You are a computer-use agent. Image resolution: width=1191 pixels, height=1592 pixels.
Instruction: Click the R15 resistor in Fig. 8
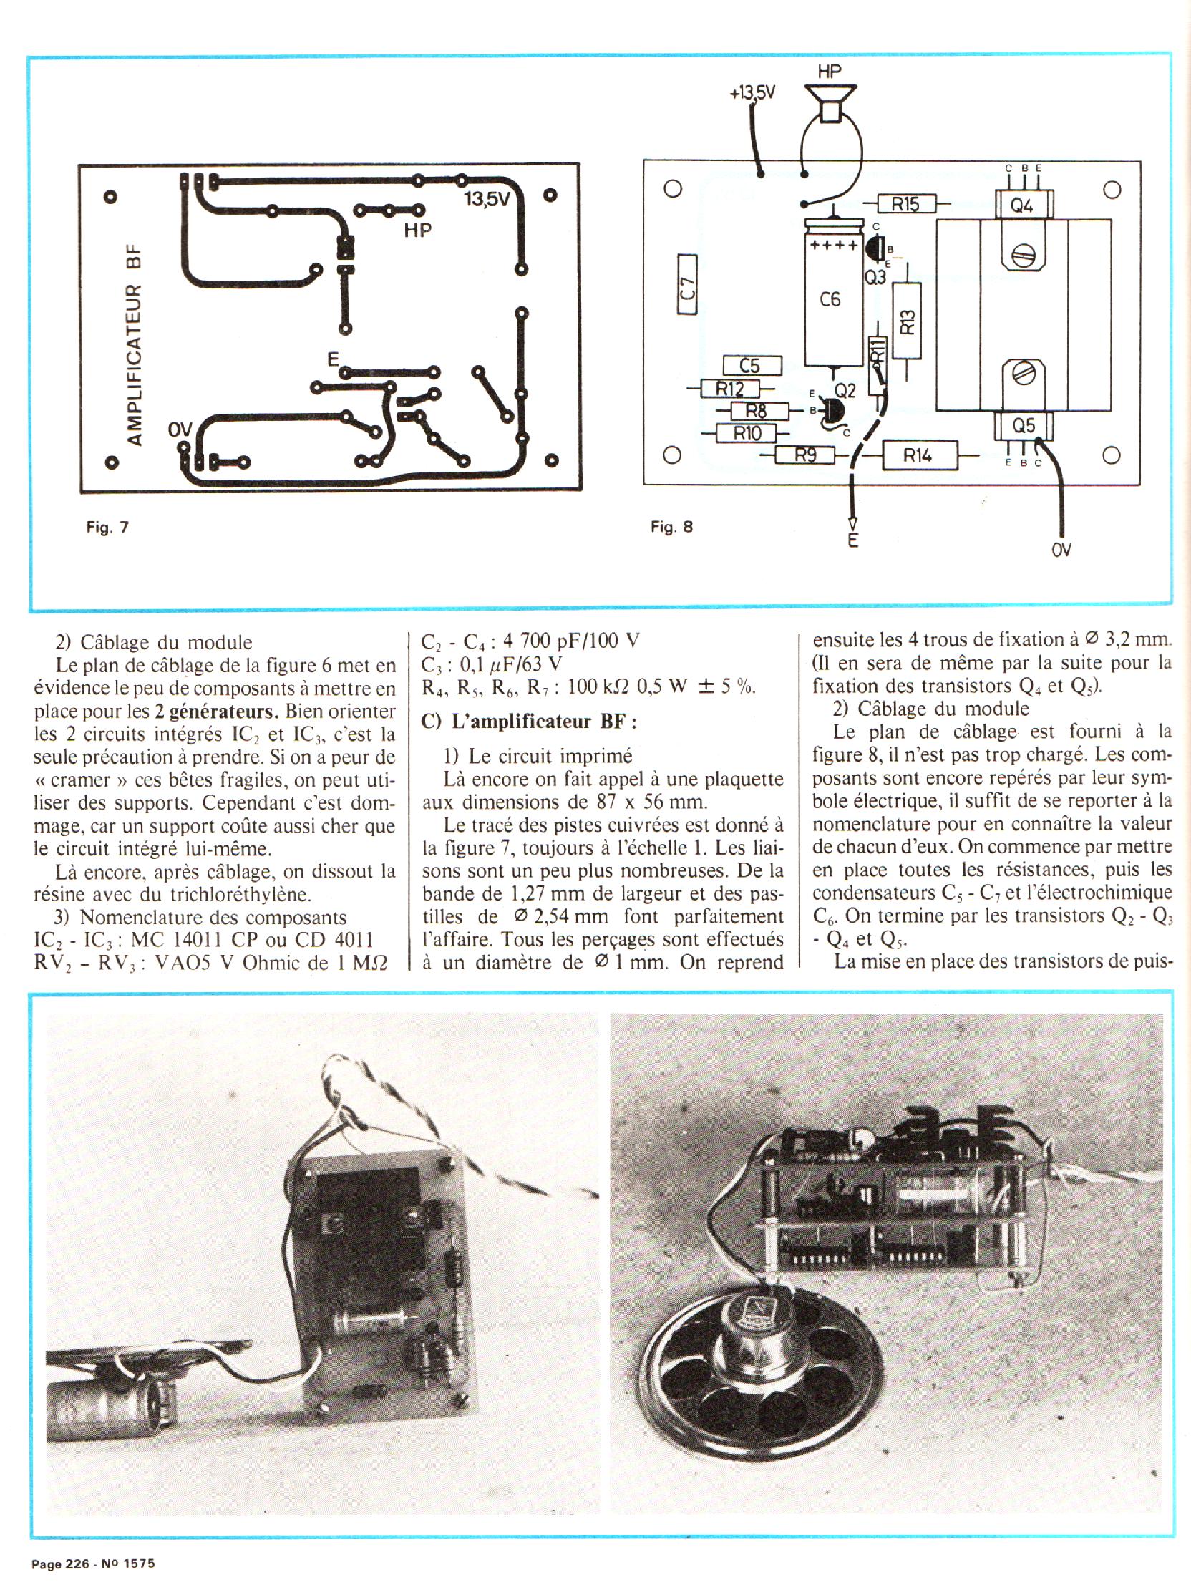(x=905, y=205)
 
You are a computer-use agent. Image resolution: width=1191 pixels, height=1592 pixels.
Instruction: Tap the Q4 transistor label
(x=1022, y=206)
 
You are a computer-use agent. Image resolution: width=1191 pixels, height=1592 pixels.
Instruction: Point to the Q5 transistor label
(x=1024, y=426)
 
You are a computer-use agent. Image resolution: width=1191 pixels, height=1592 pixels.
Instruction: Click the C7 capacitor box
(x=687, y=284)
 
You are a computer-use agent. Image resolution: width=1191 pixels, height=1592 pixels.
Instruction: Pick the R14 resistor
(x=919, y=455)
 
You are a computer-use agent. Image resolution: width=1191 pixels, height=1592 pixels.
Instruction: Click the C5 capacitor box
(x=751, y=366)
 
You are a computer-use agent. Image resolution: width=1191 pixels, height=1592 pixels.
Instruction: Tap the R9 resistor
(x=804, y=455)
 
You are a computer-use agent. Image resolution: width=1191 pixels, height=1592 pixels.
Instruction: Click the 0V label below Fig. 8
(x=1061, y=550)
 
